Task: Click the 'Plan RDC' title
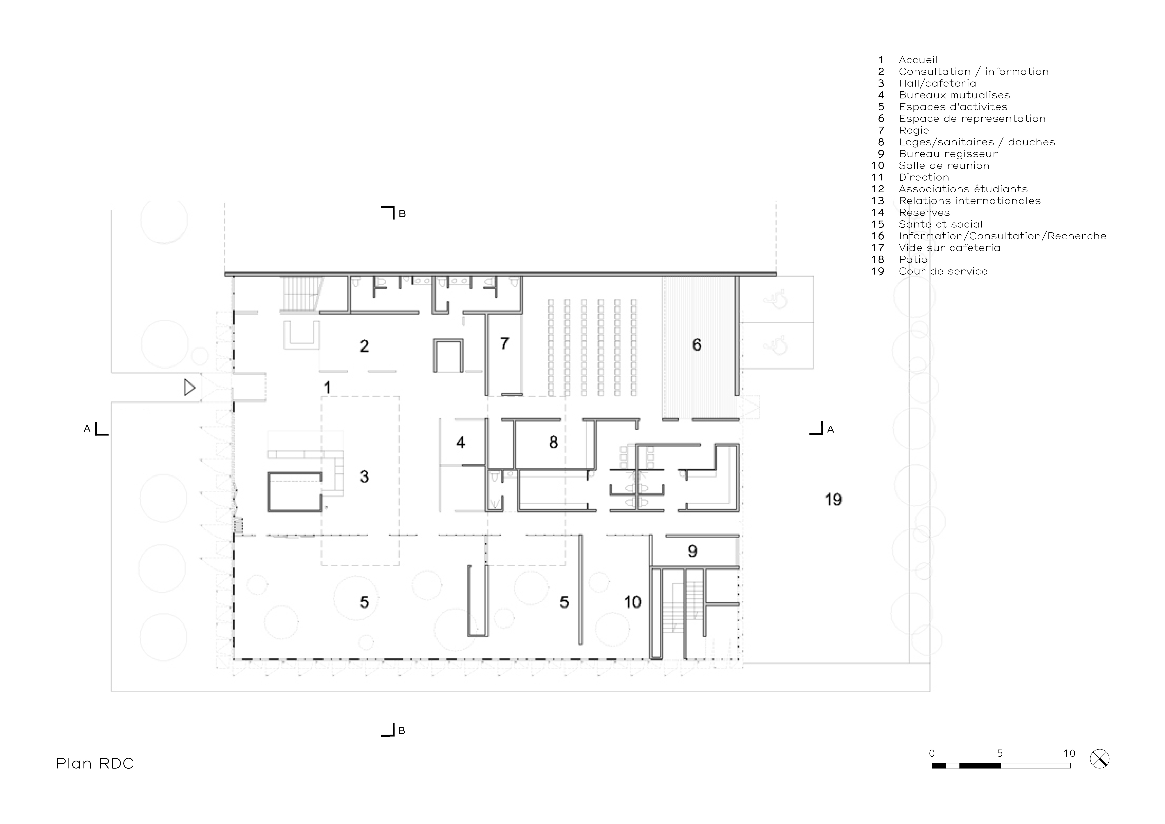[x=95, y=764]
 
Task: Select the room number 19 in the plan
[x=833, y=500]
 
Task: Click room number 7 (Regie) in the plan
[x=504, y=343]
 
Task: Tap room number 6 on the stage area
[x=697, y=345]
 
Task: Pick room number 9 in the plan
[x=693, y=551]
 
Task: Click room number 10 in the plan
[x=633, y=602]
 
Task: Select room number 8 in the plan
[x=553, y=443]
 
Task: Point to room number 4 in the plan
[x=461, y=443]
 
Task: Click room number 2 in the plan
[x=364, y=346]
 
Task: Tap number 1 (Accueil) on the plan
[x=327, y=388]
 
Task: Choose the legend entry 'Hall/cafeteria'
[x=937, y=83]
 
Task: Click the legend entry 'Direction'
[x=923, y=177]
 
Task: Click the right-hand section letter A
[x=830, y=429]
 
